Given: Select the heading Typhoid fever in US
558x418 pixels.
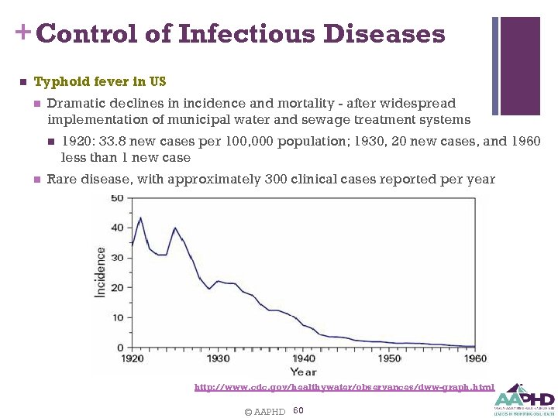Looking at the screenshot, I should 100,81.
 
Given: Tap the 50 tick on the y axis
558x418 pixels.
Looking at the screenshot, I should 116,198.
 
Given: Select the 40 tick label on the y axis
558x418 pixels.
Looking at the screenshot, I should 116,228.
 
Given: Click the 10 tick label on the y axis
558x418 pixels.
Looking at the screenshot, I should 116,317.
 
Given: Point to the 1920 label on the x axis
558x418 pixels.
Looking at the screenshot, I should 133,358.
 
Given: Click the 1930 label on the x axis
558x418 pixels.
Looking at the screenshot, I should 218,358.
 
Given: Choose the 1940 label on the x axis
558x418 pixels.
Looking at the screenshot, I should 304,358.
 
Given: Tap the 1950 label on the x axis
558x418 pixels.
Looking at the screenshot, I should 389,358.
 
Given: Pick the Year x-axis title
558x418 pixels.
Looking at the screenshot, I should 303,372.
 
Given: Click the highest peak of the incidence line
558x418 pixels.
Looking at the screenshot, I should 140,218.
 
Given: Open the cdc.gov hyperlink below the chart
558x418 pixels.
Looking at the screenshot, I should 344,387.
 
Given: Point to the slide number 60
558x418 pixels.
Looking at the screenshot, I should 298,410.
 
